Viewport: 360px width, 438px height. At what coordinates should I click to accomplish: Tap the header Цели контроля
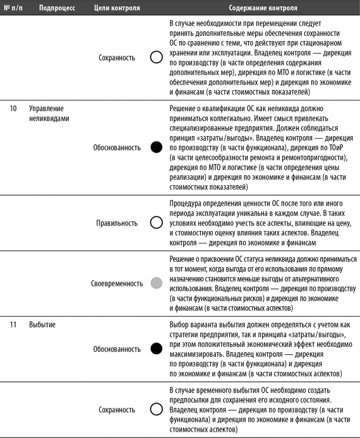117,8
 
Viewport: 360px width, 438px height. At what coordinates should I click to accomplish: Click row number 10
13,108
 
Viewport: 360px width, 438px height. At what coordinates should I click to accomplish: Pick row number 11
13,325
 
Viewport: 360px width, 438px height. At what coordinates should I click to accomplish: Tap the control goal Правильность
117,223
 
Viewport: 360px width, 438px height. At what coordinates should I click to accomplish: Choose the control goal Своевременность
117,283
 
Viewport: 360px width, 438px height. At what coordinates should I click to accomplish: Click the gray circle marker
156,283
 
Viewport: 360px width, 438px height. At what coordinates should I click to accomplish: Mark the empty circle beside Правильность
156,222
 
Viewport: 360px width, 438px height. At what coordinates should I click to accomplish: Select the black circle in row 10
156,148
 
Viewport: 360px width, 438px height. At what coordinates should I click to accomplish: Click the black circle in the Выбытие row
156,350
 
